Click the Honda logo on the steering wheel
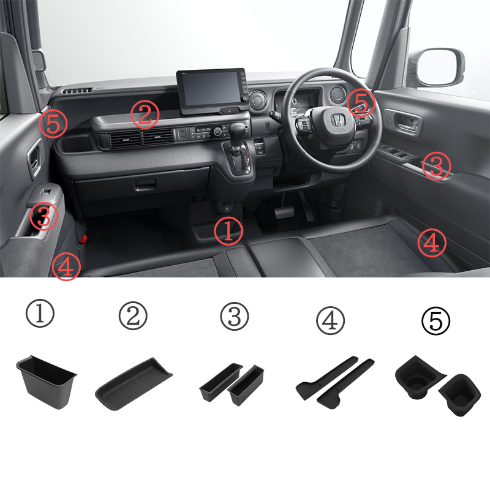(x=338, y=120)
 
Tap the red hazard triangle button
(x=230, y=111)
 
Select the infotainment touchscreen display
(x=210, y=89)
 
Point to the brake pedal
(x=284, y=212)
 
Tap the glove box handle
(x=145, y=185)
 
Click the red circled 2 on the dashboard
(x=145, y=115)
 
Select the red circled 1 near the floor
(x=228, y=231)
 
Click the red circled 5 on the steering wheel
(x=361, y=102)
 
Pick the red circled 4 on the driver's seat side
(x=432, y=243)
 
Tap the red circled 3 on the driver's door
(x=436, y=166)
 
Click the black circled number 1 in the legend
(x=40, y=314)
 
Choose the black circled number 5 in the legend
(x=435, y=321)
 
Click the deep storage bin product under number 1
(x=47, y=382)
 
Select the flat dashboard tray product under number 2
(x=134, y=385)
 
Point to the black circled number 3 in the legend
(x=235, y=317)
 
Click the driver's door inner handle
(x=407, y=125)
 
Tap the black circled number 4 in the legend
(x=330, y=321)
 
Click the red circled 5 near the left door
(x=53, y=124)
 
